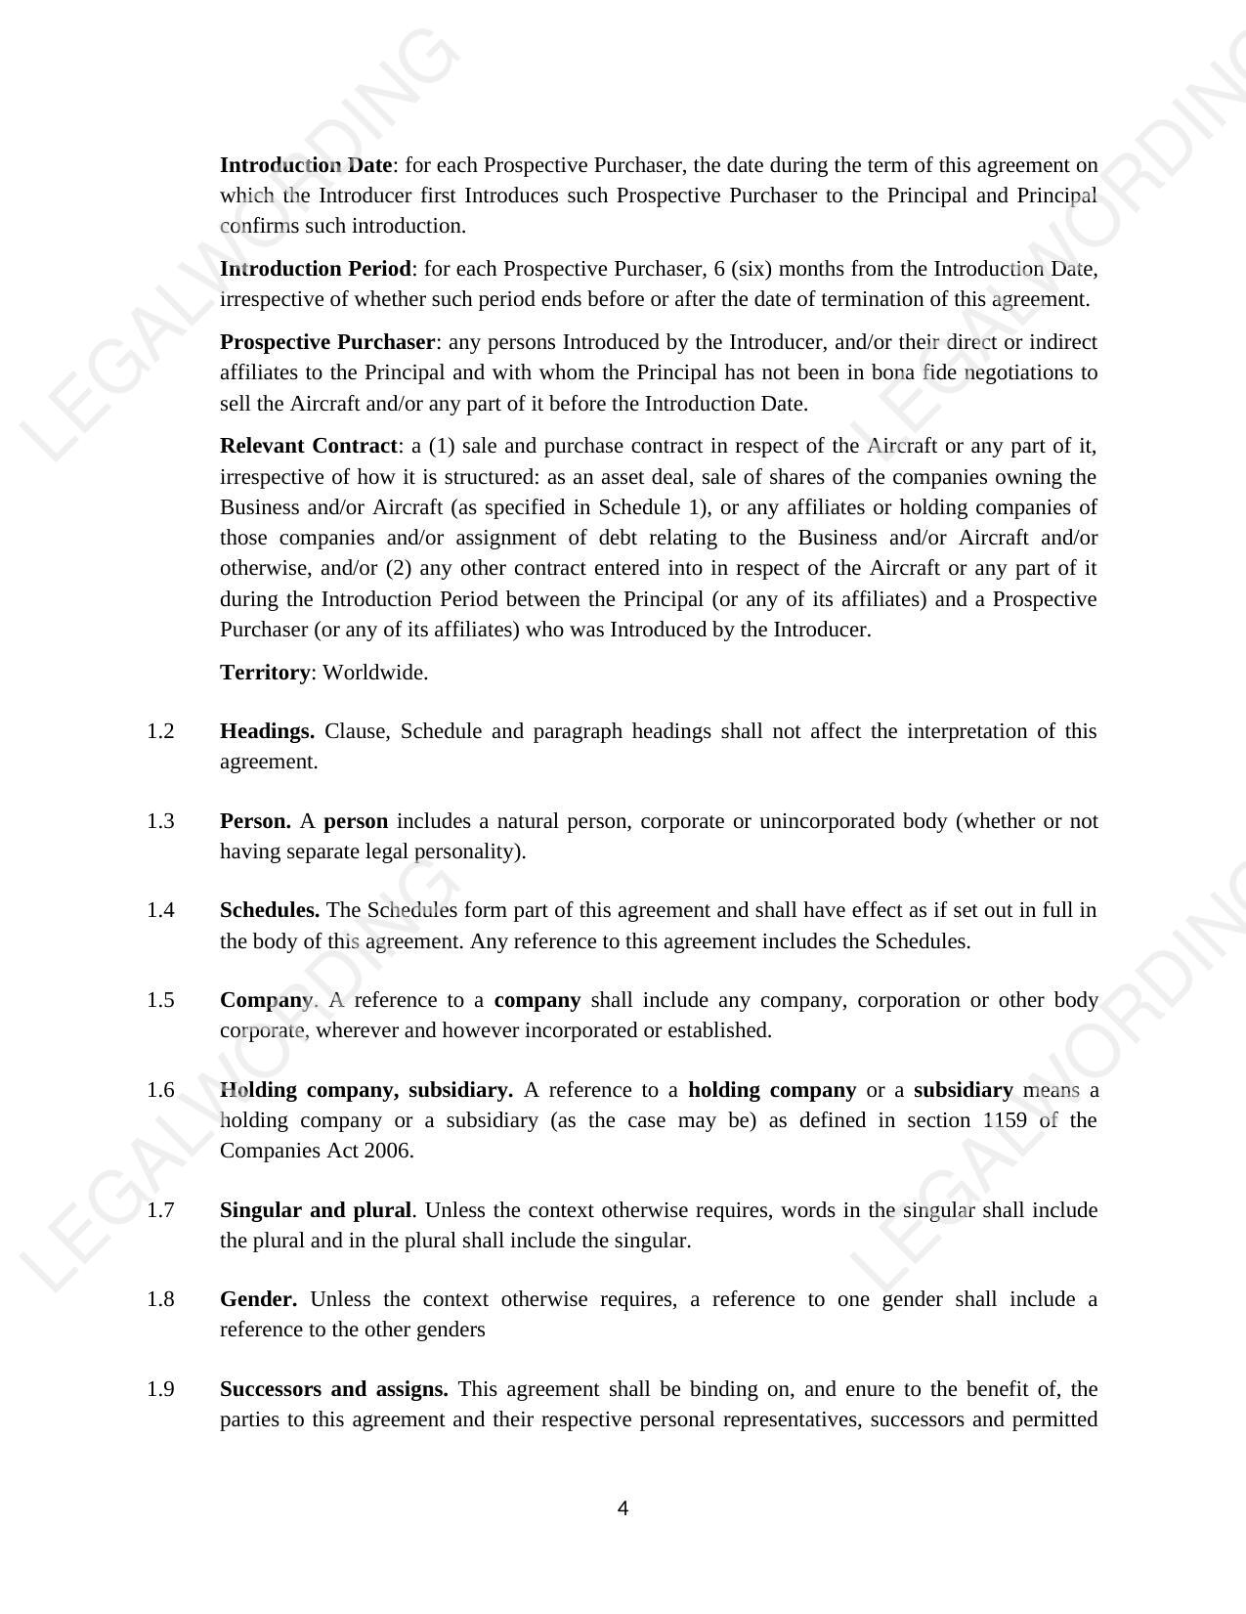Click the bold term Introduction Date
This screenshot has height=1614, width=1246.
(x=306, y=164)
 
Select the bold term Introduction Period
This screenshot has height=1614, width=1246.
(x=316, y=268)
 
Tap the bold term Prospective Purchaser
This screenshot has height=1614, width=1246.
(x=327, y=342)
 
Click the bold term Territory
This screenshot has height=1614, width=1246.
(x=265, y=673)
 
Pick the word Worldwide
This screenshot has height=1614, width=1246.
(x=375, y=673)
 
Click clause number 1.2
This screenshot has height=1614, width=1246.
(x=160, y=731)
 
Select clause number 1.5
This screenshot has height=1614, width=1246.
(x=160, y=999)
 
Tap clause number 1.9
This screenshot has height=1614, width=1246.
(x=160, y=1389)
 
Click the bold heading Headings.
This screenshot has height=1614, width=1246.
(x=267, y=731)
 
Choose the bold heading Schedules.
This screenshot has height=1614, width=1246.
(x=270, y=910)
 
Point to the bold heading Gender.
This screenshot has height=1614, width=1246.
(x=259, y=1299)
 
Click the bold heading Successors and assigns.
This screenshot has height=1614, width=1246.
(x=334, y=1389)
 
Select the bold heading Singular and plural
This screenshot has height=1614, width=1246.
(x=316, y=1210)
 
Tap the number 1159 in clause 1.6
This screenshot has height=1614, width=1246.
(x=1005, y=1120)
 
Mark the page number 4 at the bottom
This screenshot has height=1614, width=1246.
(x=623, y=1508)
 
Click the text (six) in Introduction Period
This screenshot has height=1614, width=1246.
(x=750, y=268)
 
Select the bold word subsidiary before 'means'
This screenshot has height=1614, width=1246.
(x=963, y=1090)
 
